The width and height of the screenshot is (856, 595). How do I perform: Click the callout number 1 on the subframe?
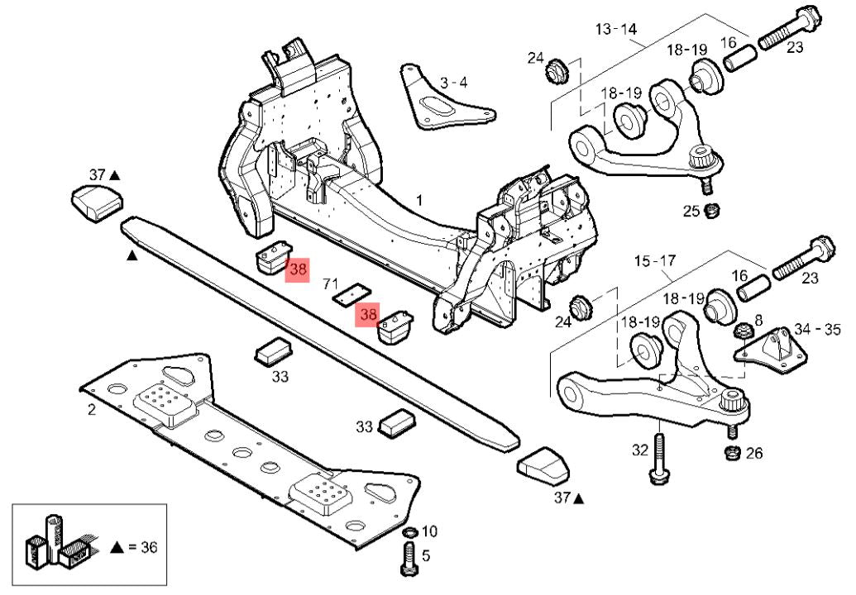(419, 200)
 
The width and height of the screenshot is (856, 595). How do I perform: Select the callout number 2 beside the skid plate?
(91, 409)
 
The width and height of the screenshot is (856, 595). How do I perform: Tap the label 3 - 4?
(453, 83)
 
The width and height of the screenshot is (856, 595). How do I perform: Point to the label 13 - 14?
(616, 29)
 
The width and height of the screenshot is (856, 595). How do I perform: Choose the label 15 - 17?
(654, 261)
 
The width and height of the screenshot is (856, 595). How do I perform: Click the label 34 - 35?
(816, 330)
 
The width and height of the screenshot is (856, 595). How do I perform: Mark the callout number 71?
(331, 285)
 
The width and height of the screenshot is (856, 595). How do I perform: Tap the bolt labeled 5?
(409, 562)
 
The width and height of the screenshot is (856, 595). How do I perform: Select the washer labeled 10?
(408, 531)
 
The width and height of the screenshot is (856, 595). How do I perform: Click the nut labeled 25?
(710, 212)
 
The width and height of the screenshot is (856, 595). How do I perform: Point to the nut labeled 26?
(731, 453)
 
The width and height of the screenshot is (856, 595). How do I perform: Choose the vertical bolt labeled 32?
(658, 459)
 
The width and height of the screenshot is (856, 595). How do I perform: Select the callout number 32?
(640, 450)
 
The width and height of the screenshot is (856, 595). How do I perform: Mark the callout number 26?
(753, 453)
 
